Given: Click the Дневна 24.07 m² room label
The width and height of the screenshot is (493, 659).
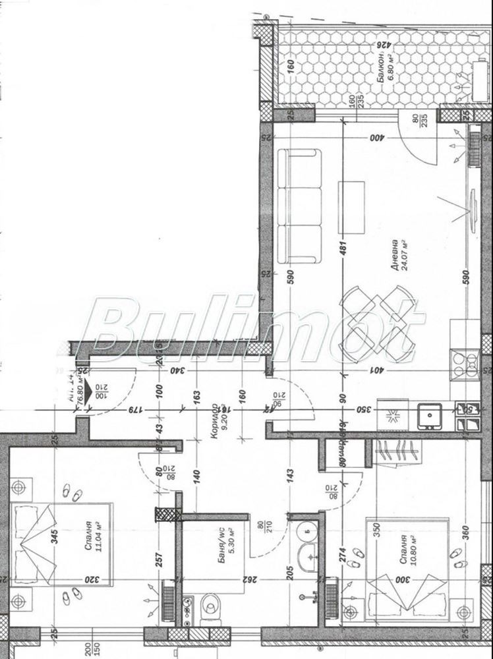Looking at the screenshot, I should [398, 254].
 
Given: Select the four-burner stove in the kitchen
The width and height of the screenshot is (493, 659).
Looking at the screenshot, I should [463, 364].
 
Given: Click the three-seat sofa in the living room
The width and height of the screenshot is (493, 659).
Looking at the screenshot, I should [299, 205].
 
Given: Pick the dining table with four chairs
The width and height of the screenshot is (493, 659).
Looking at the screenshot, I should [378, 322].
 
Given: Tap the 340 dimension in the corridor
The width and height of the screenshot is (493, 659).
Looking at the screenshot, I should [177, 370].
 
